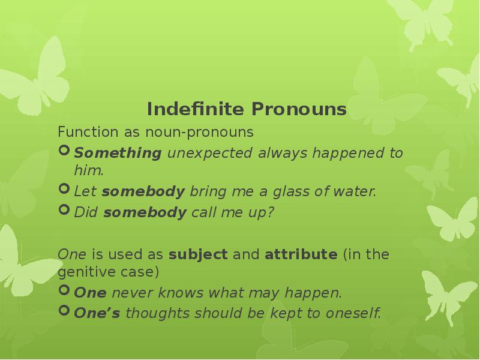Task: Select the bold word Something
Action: pos(118,153)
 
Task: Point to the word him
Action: pos(88,170)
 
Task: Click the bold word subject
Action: pos(198,254)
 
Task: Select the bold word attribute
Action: pos(301,254)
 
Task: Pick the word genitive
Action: pos(82,272)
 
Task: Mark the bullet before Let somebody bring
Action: pos(64,191)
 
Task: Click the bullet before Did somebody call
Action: pos(64,212)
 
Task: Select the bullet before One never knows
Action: pos(64,292)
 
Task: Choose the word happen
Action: pos(317,294)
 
